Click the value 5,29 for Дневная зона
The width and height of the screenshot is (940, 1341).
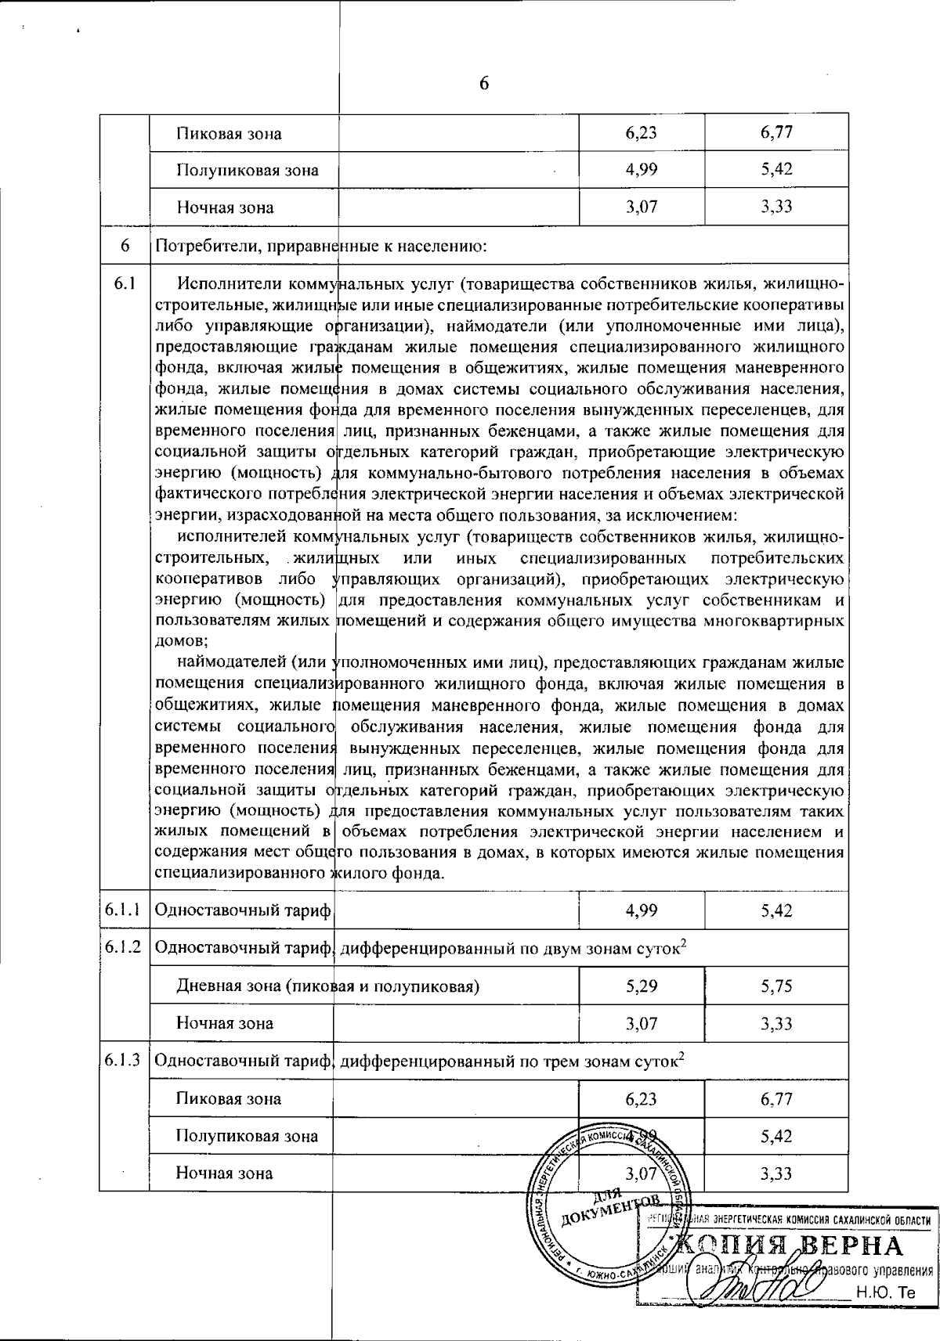pyautogui.click(x=642, y=986)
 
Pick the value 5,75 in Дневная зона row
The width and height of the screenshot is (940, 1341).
pyautogui.click(x=776, y=986)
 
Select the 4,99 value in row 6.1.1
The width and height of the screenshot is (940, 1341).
pyautogui.click(x=642, y=910)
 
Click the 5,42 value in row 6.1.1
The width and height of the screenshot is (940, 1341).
pyautogui.click(x=776, y=910)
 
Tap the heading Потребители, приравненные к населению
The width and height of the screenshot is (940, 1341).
pyautogui.click(x=322, y=246)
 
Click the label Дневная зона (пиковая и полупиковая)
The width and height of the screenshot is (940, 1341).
pyautogui.click(x=327, y=986)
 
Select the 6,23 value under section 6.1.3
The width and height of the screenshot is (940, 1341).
pyautogui.click(x=642, y=1098)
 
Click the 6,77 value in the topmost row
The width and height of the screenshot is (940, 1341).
pyautogui.click(x=776, y=132)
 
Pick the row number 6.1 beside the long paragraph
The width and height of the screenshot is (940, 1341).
pyautogui.click(x=125, y=283)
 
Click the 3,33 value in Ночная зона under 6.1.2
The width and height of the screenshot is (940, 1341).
pyautogui.click(x=776, y=1023)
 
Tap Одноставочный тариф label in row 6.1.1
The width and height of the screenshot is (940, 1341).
pyautogui.click(x=244, y=910)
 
